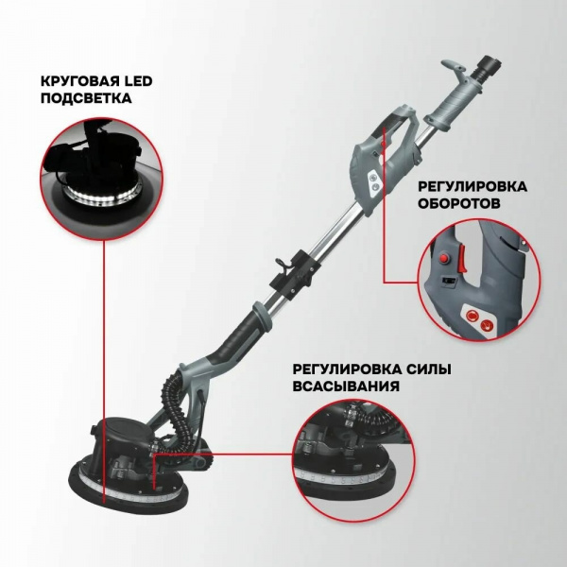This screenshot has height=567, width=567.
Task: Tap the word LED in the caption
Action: pyautogui.click(x=138, y=81)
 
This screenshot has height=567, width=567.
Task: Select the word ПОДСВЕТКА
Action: pyautogui.click(x=86, y=98)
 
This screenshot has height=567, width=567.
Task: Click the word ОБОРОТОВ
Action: pyautogui.click(x=459, y=203)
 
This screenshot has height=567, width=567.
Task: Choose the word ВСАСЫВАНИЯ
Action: pyautogui.click(x=346, y=387)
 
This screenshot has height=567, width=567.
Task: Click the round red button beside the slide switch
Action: pyautogui.click(x=444, y=258)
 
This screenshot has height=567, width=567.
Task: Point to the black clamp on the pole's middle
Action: pyautogui.click(x=295, y=271)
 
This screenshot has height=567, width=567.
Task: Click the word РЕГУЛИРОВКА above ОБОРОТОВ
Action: pyautogui.click(x=472, y=186)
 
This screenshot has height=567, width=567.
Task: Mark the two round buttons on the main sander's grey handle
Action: pyautogui.click(x=373, y=182)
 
